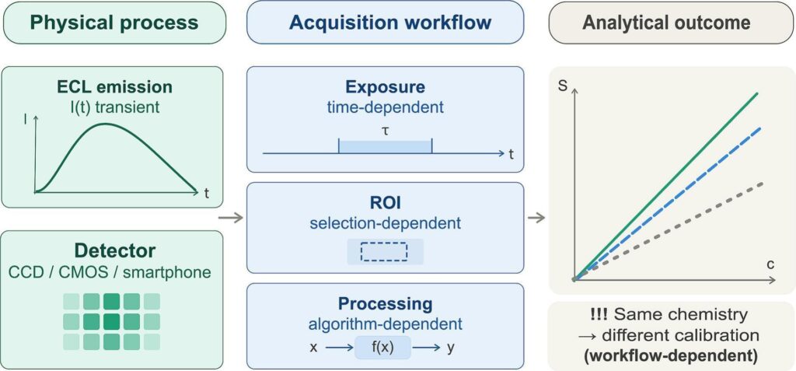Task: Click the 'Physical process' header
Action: [x=113, y=23]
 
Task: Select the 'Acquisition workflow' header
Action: [x=385, y=23]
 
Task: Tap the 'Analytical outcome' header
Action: [x=666, y=23]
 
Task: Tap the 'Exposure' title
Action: [x=385, y=87]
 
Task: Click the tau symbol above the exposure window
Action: [x=385, y=130]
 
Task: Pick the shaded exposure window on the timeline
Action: [x=385, y=145]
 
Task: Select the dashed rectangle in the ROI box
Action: [x=384, y=251]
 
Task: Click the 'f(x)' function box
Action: [x=382, y=348]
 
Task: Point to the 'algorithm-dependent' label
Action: [x=385, y=324]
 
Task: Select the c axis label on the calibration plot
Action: [x=770, y=264]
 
